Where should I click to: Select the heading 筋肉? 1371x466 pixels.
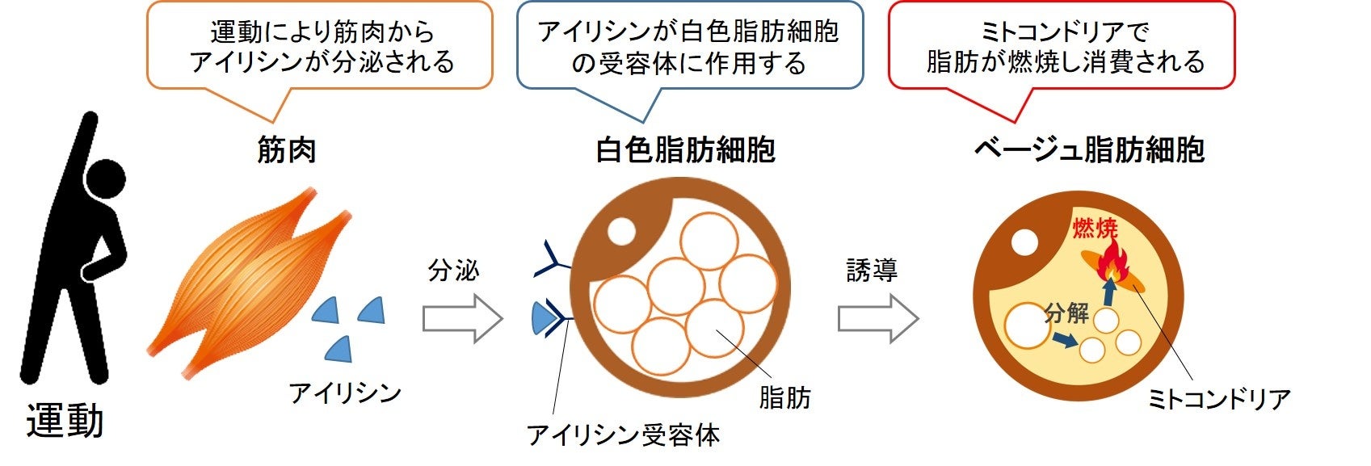(286, 150)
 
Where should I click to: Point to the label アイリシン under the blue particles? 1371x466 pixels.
(345, 393)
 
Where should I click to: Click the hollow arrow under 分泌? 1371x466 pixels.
(462, 318)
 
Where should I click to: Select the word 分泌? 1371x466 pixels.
(453, 271)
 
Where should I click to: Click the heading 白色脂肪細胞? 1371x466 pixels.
(685, 150)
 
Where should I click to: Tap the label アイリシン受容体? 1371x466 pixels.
(623, 435)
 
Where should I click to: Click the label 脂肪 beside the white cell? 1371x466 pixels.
(784, 397)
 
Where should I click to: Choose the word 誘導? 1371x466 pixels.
(872, 271)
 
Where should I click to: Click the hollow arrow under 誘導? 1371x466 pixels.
(877, 318)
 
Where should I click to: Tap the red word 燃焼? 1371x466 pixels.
(1095, 229)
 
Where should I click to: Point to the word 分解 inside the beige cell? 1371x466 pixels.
(1066, 313)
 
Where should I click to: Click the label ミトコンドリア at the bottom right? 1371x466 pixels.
(1219, 399)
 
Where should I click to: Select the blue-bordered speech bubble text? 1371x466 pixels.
(688, 47)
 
